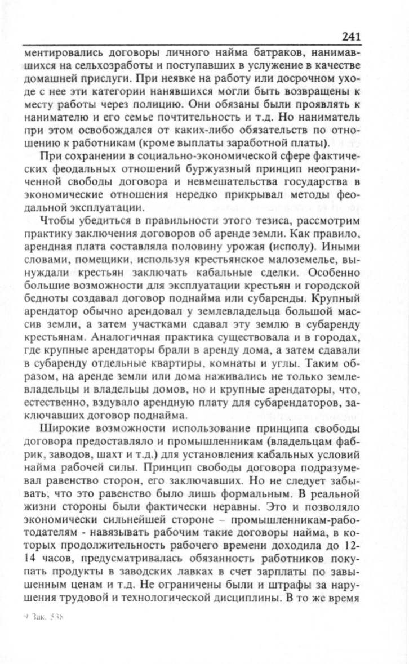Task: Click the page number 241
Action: (x=350, y=37)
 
